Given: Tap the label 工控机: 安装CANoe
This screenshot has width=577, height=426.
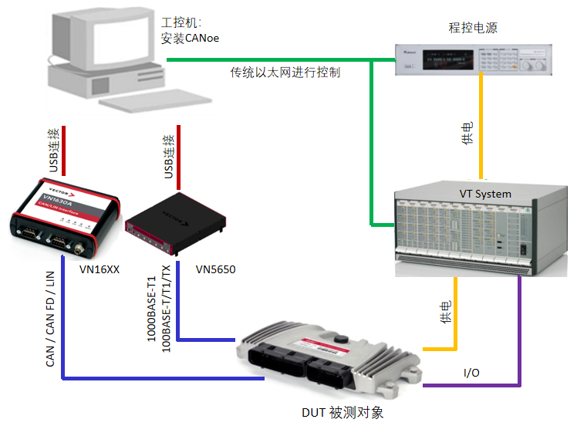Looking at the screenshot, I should tap(190, 31).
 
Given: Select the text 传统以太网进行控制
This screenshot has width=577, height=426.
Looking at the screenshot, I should tap(285, 73).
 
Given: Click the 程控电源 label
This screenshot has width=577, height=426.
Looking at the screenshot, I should tap(472, 28).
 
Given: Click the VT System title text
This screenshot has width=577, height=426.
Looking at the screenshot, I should tap(480, 194).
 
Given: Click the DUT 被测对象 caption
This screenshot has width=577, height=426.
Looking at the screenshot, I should tap(342, 413).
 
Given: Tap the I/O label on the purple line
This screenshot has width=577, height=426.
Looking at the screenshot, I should tap(471, 373).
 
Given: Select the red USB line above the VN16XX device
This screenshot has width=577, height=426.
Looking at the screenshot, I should tap(64, 150).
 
